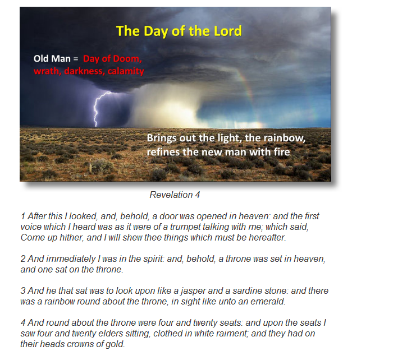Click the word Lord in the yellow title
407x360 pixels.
[228, 31]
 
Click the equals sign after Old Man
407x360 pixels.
[76, 59]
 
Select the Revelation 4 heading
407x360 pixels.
[175, 195]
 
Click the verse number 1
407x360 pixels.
[23, 216]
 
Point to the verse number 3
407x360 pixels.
[23, 290]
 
